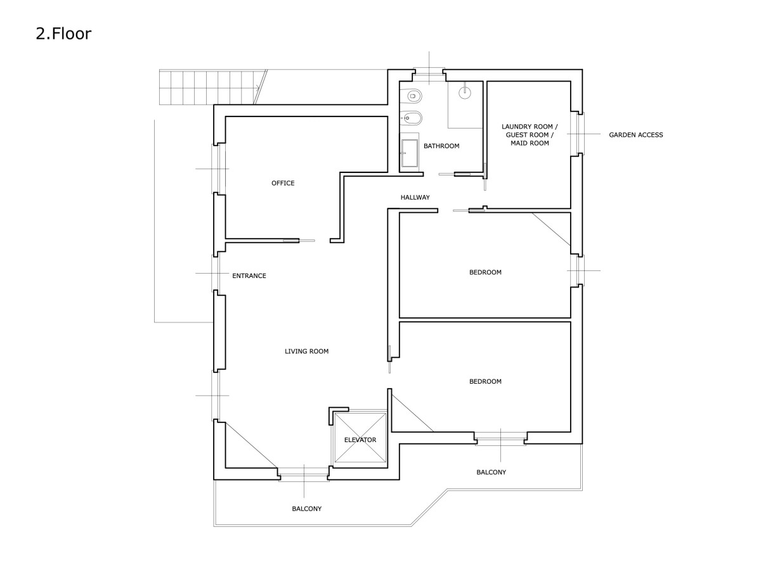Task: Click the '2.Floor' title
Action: [x=63, y=34]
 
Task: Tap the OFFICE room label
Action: [x=283, y=183]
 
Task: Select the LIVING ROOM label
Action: [x=306, y=351]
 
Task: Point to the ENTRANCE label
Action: [x=249, y=276]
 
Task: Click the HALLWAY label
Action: [x=415, y=197]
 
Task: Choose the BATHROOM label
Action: [x=441, y=146]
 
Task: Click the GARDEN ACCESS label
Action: [x=636, y=135]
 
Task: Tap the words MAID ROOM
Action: [x=530, y=143]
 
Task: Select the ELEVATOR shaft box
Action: [x=360, y=438]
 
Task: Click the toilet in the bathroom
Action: [x=413, y=96]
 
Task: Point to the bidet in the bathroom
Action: [x=412, y=118]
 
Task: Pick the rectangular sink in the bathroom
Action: [x=410, y=153]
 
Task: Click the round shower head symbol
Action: [x=465, y=92]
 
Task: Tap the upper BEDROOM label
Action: [x=485, y=272]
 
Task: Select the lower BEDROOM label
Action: [x=485, y=381]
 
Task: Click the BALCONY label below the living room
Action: [x=306, y=509]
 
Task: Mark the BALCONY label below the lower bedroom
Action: [x=491, y=472]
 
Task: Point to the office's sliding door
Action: [x=299, y=241]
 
